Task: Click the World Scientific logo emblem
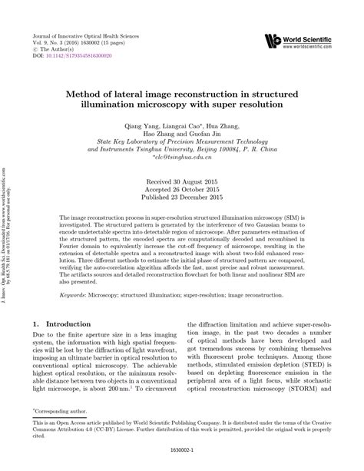coord(271,40)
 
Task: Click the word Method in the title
coord(104,91)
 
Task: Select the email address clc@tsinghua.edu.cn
coord(182,158)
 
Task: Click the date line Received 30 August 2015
coord(182,178)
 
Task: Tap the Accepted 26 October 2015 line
coord(182,187)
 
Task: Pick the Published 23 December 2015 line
coord(182,195)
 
